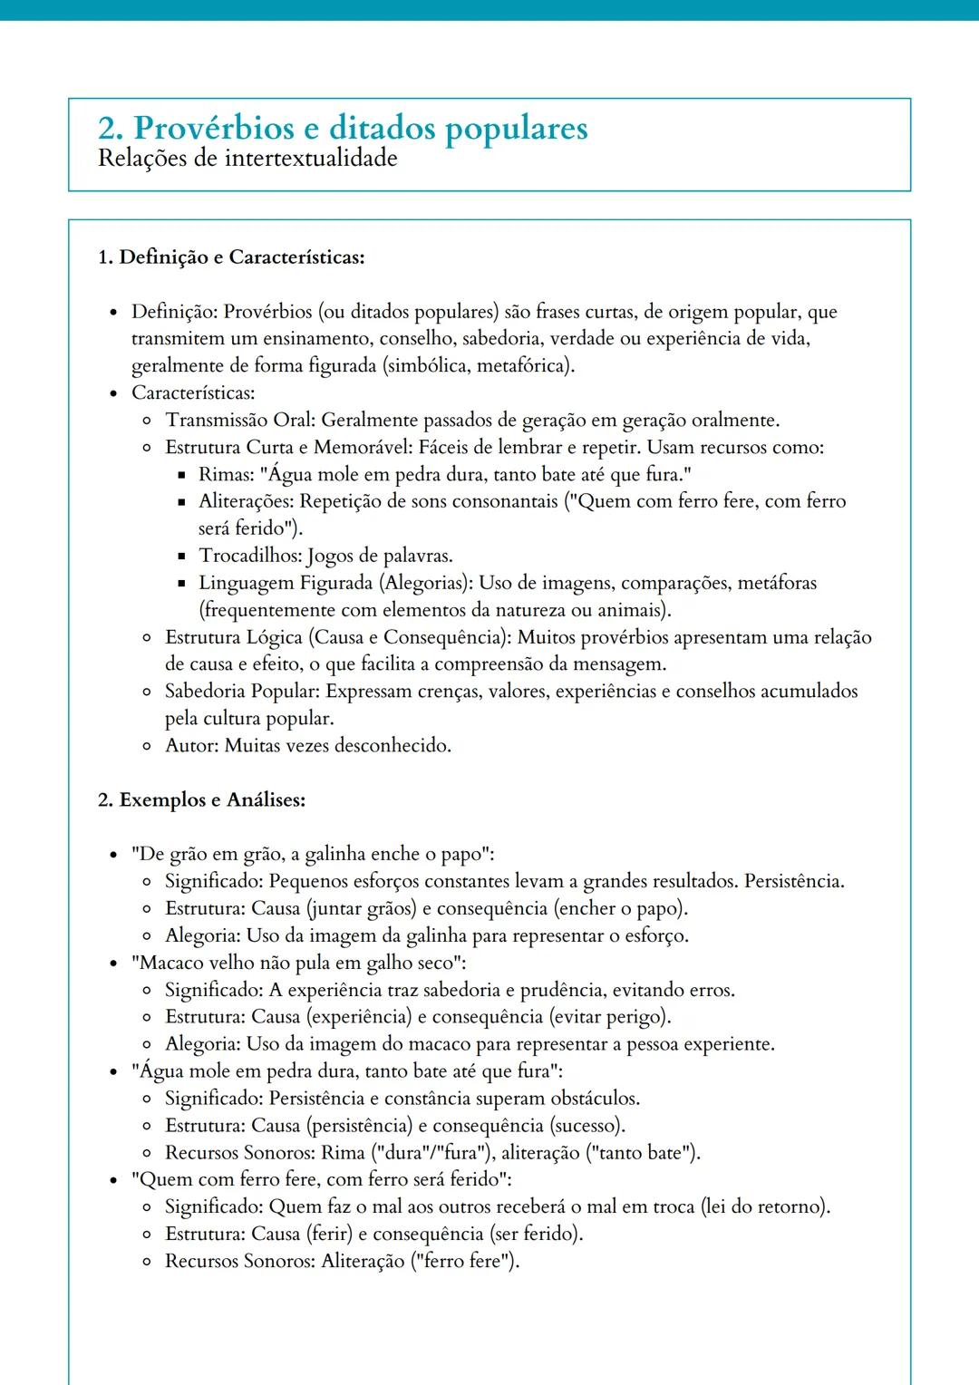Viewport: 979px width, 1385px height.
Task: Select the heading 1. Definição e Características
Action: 231,257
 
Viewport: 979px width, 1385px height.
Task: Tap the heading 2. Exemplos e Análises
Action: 201,800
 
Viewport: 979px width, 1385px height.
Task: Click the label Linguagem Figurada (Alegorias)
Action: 335,583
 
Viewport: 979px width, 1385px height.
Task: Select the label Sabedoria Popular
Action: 241,692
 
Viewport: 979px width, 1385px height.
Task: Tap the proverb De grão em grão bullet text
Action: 312,855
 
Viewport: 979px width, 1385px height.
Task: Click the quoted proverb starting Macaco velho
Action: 298,963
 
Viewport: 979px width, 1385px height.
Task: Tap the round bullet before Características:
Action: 113,394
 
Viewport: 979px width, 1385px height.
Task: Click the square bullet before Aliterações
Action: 180,502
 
